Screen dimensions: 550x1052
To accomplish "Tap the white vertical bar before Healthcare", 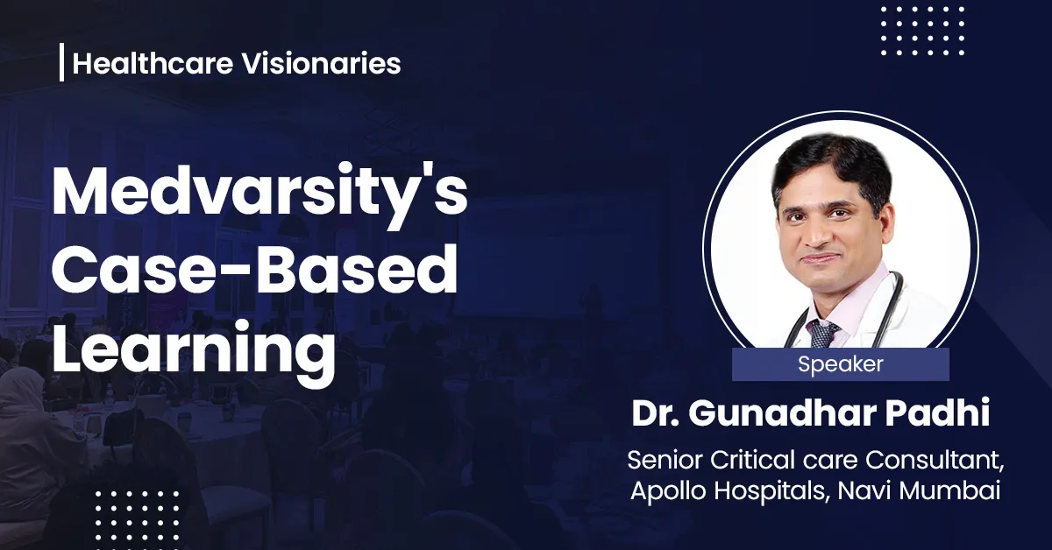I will pyautogui.click(x=61, y=64).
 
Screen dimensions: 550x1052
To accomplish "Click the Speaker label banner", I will pyautogui.click(x=840, y=364).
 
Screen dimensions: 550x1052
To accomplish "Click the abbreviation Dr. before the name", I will pyautogui.click(x=655, y=414).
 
